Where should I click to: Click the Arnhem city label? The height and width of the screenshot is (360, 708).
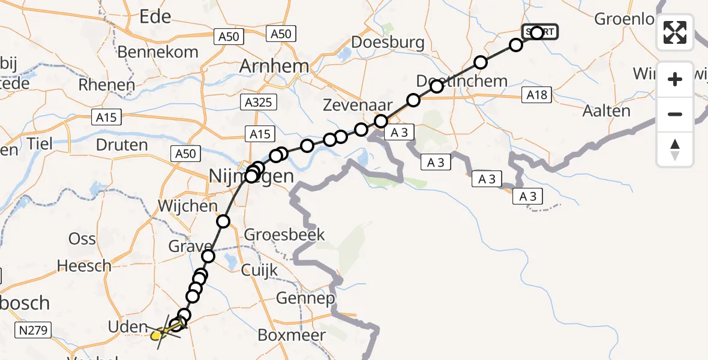point(274,66)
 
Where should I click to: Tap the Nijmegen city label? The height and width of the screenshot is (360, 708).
point(252,176)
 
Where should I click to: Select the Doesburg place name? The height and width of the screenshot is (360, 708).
point(388,43)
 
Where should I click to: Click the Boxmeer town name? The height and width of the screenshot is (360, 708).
point(292,335)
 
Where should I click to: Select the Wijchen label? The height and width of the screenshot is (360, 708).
point(188,206)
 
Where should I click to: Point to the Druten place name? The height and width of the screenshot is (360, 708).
point(122,145)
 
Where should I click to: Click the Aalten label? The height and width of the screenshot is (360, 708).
point(607,111)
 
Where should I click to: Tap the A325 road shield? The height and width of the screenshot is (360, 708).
point(259,102)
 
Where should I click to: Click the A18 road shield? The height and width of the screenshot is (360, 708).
point(538,94)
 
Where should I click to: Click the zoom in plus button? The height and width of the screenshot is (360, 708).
point(675,79)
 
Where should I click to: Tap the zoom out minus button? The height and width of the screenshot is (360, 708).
point(675,114)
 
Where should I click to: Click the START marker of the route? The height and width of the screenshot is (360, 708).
point(539,32)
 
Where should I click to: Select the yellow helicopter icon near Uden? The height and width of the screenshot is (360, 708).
point(158,334)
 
